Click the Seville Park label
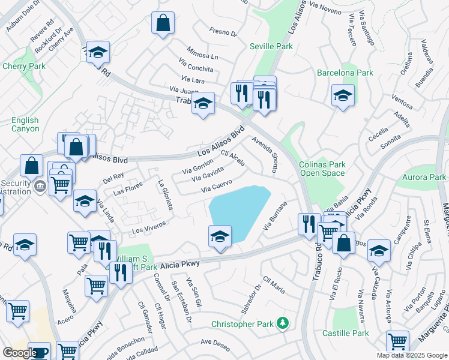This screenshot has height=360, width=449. [271, 46]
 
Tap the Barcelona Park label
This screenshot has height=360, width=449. [345, 73]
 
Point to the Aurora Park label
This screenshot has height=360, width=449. [424, 177]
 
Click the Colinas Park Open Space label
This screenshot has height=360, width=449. [322, 169]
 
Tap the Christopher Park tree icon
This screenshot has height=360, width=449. [282, 324]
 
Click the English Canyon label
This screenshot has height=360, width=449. [25, 125]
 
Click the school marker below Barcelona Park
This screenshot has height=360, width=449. [343, 95]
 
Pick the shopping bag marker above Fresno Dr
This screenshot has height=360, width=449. [163, 23]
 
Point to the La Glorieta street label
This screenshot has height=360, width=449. [166, 194]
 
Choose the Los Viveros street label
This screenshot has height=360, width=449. [148, 227]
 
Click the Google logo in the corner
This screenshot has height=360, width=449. [19, 353]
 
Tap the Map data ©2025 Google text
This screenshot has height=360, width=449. [411, 355]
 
